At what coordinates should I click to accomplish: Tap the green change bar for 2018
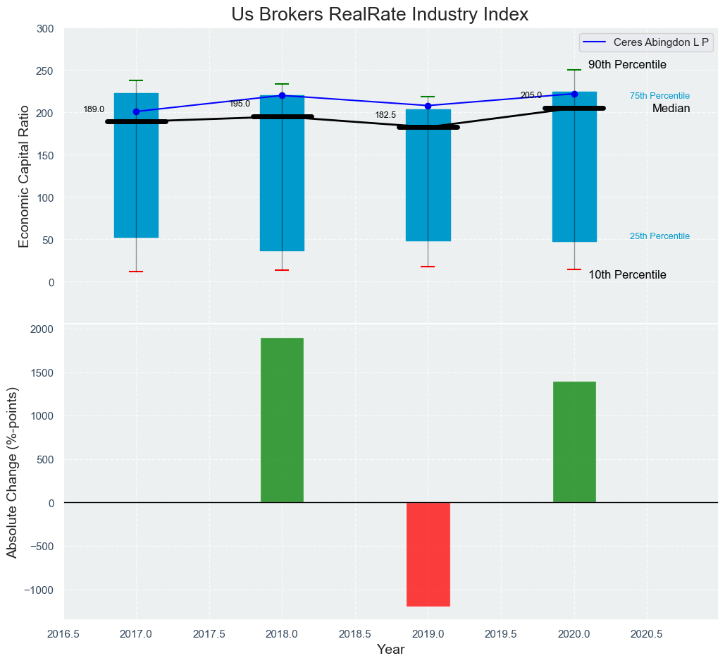[x=282, y=420]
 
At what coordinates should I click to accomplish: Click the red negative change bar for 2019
[x=428, y=554]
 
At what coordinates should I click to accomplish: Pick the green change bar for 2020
[x=574, y=442]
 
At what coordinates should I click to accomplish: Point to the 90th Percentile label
[x=627, y=65]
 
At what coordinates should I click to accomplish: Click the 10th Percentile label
[x=627, y=275]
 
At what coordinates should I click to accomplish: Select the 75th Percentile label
[x=659, y=96]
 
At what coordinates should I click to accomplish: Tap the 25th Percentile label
[x=659, y=236]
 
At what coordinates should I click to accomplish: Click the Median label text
[x=671, y=109]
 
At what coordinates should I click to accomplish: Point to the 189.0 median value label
[x=94, y=110]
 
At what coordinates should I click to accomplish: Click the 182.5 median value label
[x=385, y=115]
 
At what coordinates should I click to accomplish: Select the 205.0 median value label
[x=531, y=95]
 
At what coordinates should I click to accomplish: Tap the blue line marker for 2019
[x=428, y=106]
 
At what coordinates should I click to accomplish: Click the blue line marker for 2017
[x=136, y=111]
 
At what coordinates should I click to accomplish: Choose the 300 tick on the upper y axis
[x=45, y=29]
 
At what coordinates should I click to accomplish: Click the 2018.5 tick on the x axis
[x=355, y=634]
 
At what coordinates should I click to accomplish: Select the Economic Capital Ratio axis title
[x=25, y=176]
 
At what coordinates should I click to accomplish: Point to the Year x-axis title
[x=390, y=650]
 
